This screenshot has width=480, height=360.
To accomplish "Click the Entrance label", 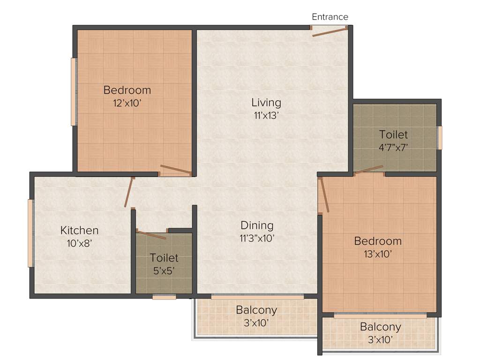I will click(x=330, y=17).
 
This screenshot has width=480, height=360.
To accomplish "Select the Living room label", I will click(x=266, y=102).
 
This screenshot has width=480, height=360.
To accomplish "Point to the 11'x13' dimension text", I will click(x=266, y=115).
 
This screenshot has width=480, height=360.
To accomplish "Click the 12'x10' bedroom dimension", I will click(x=127, y=103).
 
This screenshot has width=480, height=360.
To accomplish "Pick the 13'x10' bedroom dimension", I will click(x=377, y=254).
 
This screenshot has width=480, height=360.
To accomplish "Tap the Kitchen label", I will click(x=80, y=230).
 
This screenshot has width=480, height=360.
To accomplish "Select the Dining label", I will click(x=257, y=225).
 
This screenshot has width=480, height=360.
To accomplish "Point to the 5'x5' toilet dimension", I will click(x=164, y=270).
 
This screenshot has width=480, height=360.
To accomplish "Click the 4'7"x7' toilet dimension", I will click(x=393, y=147).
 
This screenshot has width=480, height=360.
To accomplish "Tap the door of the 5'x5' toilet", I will click(x=151, y=234).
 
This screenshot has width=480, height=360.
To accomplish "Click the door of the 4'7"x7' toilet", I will click(x=369, y=170).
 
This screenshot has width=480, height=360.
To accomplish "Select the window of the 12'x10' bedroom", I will click(x=74, y=92).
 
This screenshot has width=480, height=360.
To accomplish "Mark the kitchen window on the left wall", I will click(x=30, y=233).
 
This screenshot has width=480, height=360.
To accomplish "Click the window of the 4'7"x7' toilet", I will click(x=439, y=138).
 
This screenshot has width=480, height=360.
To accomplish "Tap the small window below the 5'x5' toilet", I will click(x=164, y=297).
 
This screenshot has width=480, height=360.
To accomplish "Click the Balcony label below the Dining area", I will click(x=256, y=310).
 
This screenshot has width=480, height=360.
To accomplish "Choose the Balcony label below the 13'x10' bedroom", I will click(x=381, y=327).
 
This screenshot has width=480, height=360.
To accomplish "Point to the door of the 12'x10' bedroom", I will click(x=176, y=170).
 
